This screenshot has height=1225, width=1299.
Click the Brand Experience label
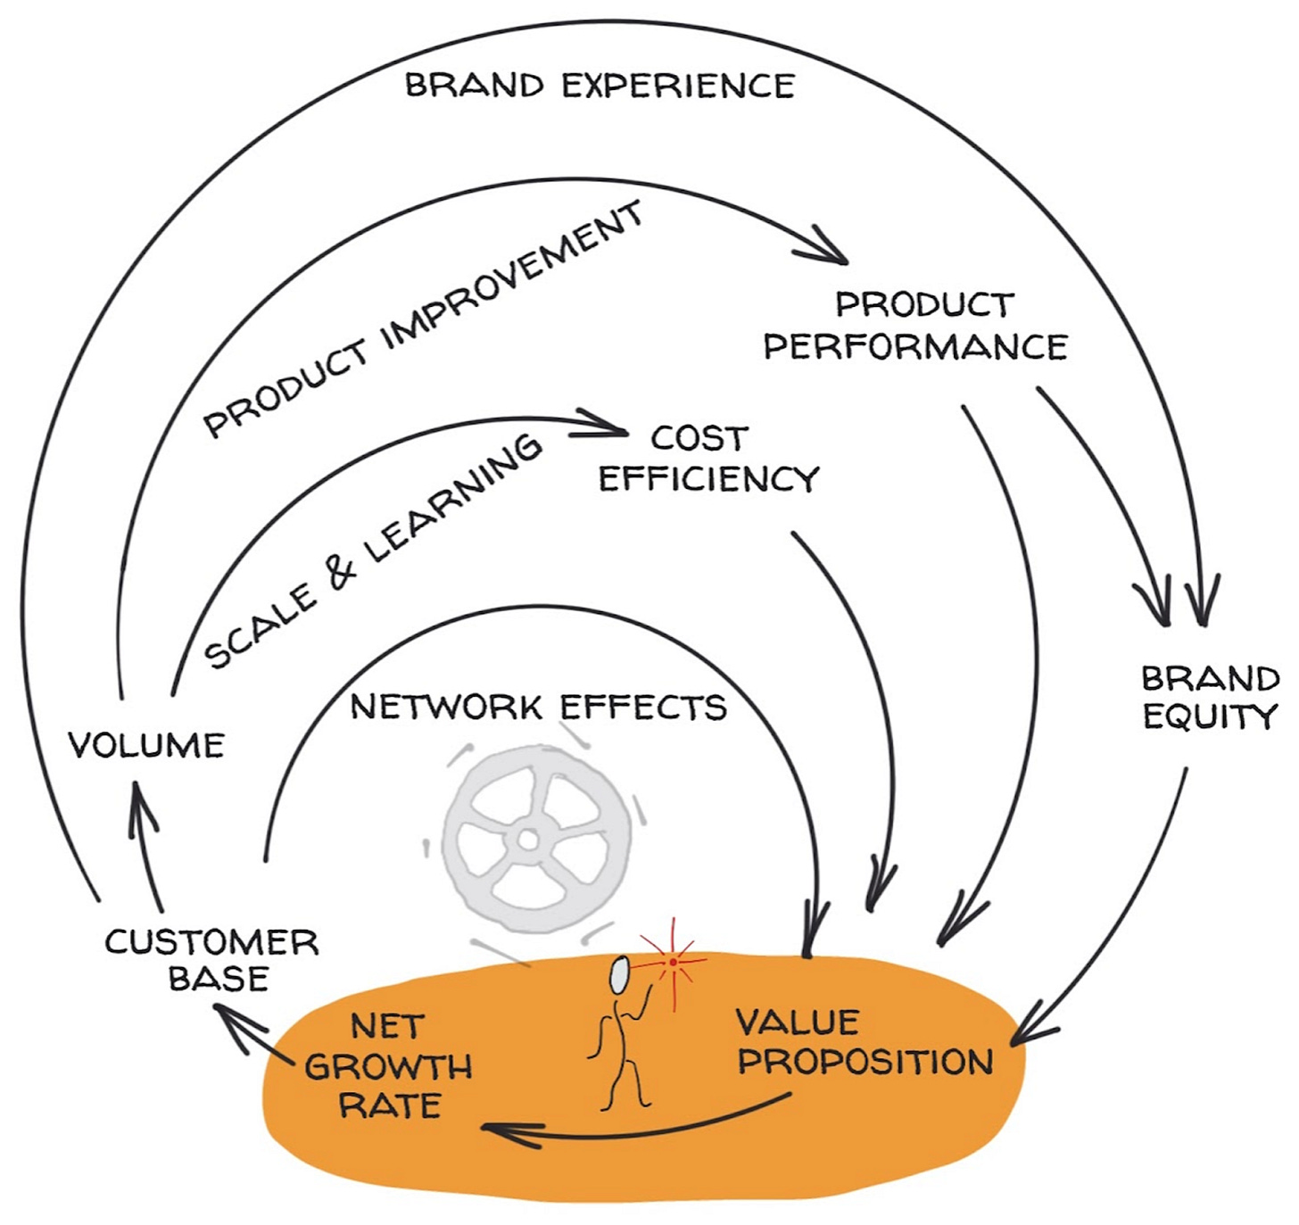point(600,86)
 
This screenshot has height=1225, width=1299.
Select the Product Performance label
point(916,326)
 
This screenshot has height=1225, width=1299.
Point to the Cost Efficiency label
point(707,459)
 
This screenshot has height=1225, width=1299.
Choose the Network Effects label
point(538,708)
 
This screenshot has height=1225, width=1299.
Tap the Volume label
point(147,745)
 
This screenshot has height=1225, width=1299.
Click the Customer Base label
point(212,960)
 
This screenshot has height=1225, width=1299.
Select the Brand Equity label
point(1211,698)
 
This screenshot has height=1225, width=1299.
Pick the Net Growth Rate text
point(388,1066)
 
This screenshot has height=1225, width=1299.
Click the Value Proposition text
point(864,1042)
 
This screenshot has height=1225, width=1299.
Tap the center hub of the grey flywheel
point(527,840)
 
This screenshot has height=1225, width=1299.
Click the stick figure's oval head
point(618,974)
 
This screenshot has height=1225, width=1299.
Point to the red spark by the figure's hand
point(672,962)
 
